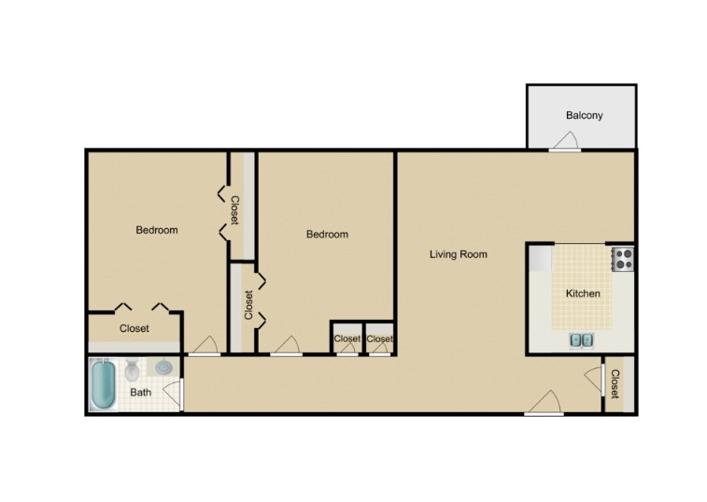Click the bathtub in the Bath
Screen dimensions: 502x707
tap(102, 386)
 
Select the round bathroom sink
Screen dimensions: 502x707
tap(163, 367)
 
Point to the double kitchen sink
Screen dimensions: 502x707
tap(581, 339)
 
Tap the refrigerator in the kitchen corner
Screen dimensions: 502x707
tap(540, 257)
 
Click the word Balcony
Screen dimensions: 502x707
tap(584, 116)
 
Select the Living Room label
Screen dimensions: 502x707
tap(458, 254)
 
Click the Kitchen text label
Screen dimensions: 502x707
tap(583, 294)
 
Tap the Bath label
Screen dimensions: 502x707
tap(140, 393)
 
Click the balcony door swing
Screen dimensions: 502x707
tap(565, 141)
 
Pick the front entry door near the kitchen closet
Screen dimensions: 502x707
tap(544, 404)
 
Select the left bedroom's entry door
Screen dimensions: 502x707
tap(204, 346)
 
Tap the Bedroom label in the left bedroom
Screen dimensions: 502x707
tap(156, 230)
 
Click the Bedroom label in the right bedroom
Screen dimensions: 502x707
tap(327, 235)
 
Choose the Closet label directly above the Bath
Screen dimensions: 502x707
tap(134, 329)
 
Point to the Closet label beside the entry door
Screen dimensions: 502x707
tap(615, 384)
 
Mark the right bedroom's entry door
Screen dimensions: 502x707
tap(286, 346)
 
